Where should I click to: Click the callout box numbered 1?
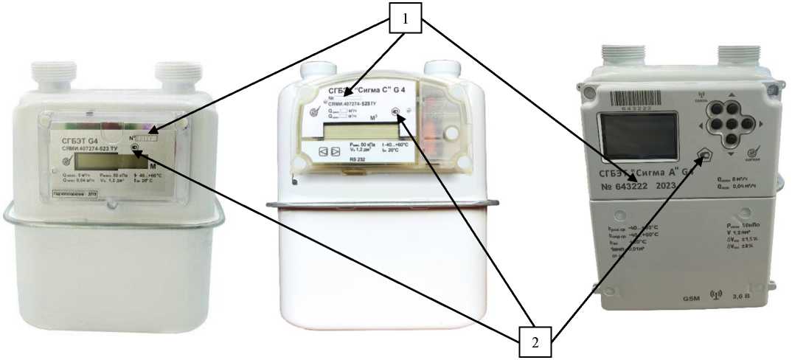pos(405,19)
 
